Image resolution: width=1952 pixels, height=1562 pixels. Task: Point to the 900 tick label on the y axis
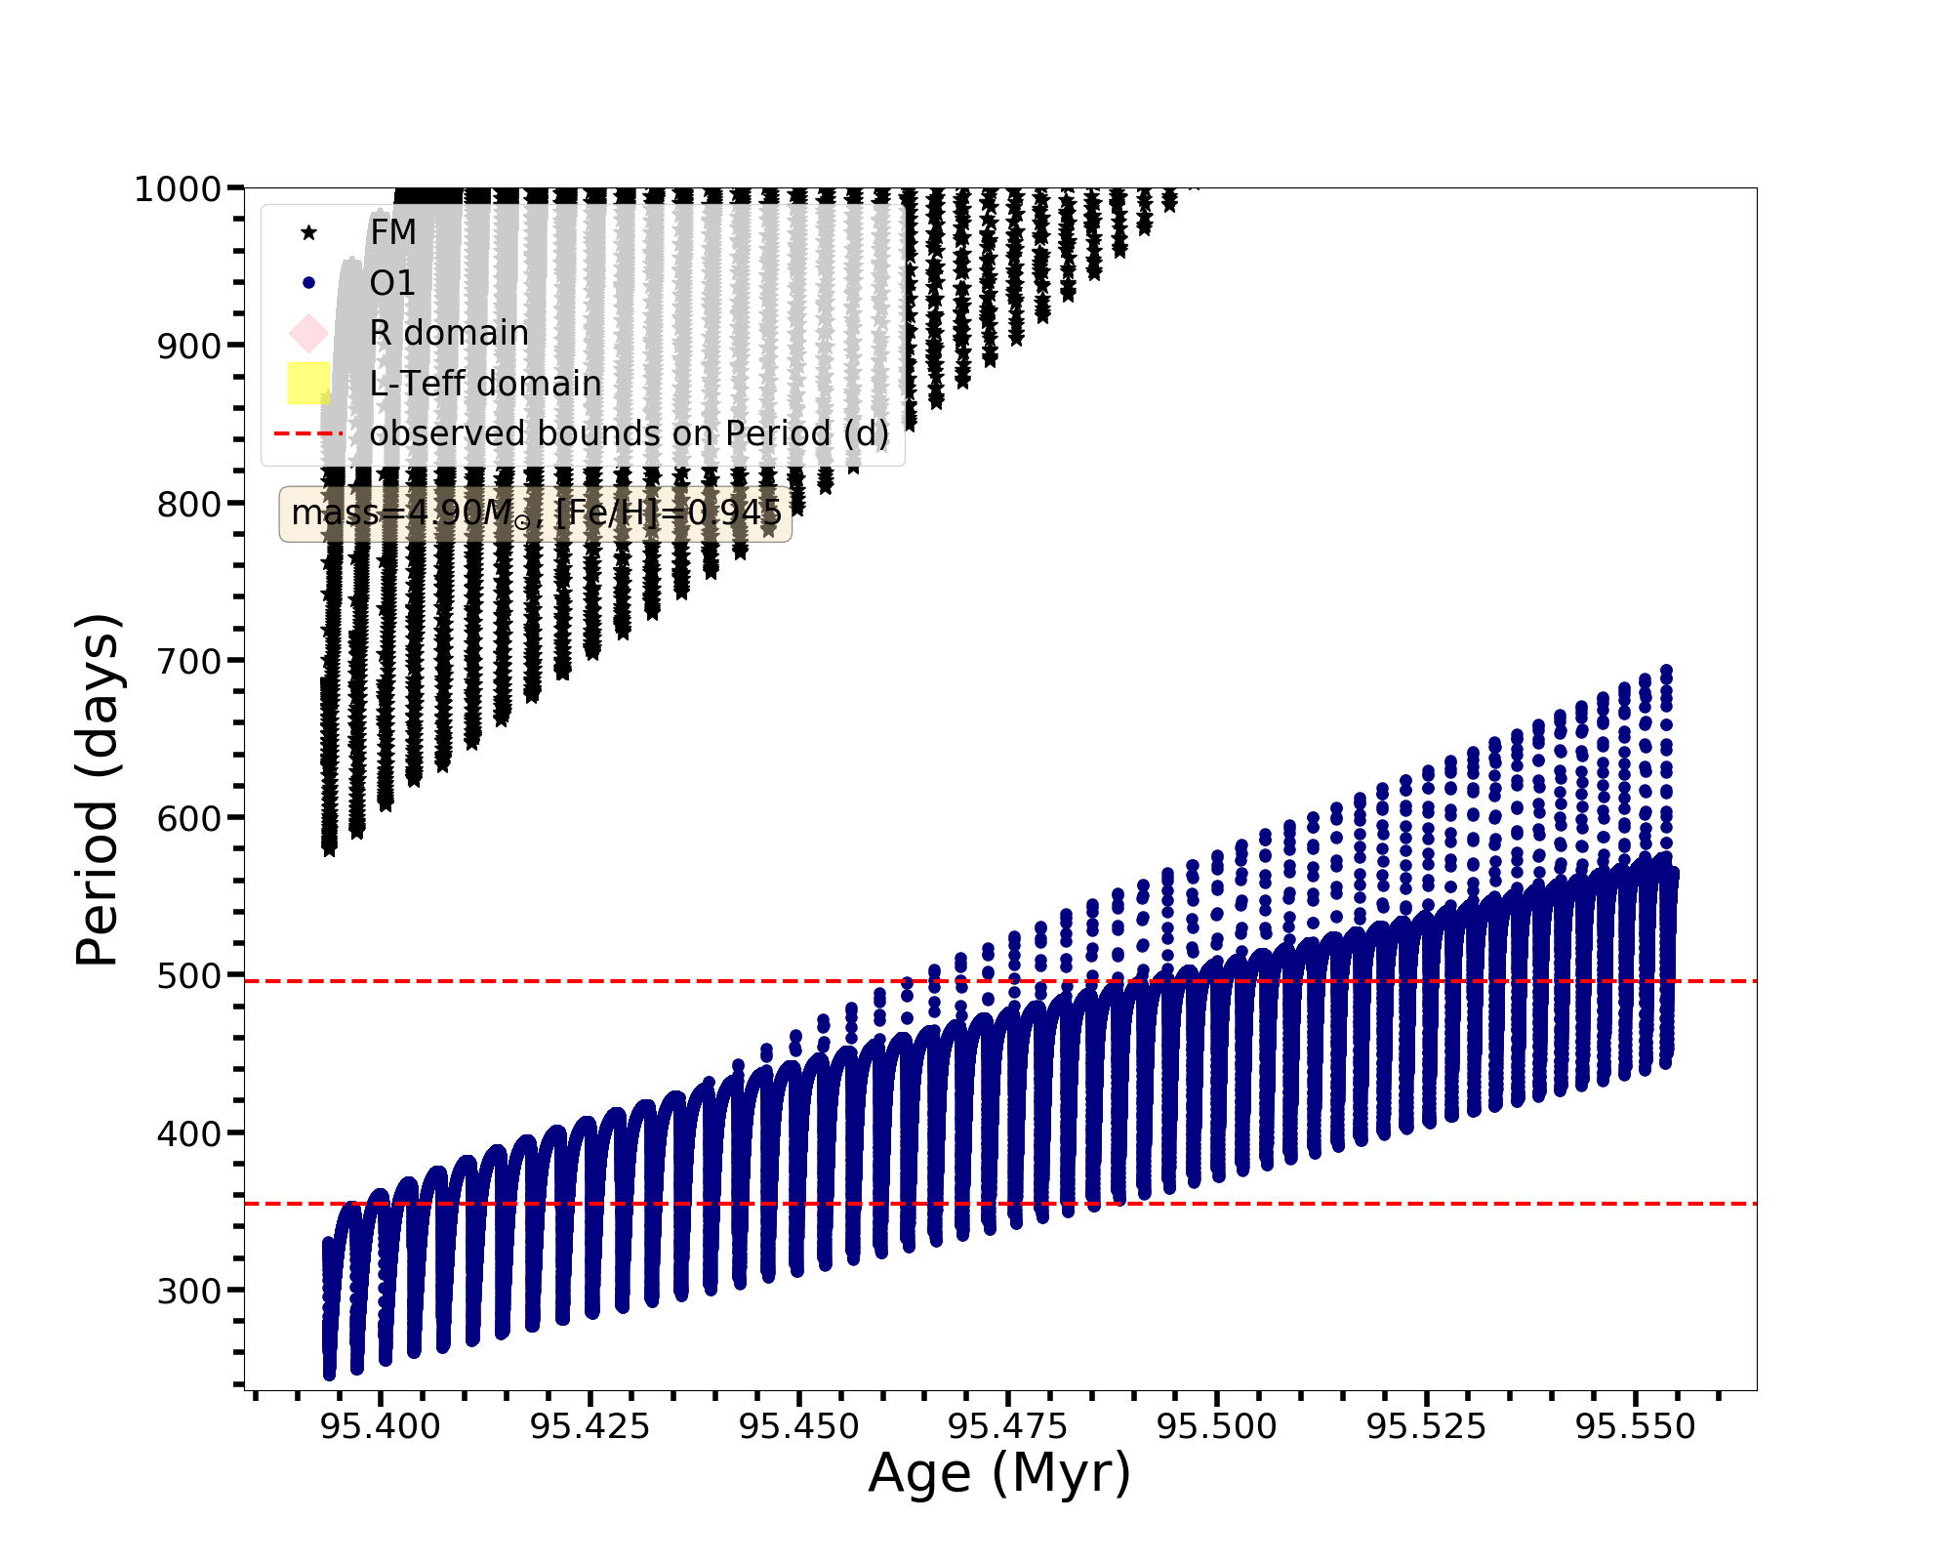(x=188, y=346)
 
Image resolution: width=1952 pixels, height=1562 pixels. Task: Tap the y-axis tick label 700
(x=188, y=661)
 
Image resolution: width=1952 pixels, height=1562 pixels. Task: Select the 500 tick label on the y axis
(x=188, y=975)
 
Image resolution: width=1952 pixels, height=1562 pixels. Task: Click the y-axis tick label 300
(x=188, y=1291)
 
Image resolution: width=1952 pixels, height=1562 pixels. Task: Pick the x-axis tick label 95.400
(x=381, y=1427)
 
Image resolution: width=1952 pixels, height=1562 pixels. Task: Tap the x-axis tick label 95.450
(x=799, y=1427)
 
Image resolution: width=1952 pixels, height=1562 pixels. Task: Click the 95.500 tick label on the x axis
(x=1217, y=1427)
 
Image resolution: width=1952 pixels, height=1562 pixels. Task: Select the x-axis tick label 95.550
(x=1636, y=1427)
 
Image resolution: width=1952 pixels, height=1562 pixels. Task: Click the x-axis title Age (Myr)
(x=999, y=1473)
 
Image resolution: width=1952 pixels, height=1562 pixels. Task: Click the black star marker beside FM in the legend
(x=308, y=232)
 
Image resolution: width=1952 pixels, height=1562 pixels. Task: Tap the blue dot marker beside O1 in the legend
(x=308, y=283)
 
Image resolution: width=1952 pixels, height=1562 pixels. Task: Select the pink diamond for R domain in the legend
(x=308, y=333)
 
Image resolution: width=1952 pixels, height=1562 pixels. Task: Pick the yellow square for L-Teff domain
(x=308, y=383)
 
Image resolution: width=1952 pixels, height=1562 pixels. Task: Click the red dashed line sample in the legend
(x=308, y=433)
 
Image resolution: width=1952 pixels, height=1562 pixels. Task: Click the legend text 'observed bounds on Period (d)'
(x=630, y=433)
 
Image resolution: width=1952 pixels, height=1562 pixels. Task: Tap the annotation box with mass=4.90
(x=535, y=514)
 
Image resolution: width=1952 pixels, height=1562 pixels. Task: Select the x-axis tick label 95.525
(x=1426, y=1427)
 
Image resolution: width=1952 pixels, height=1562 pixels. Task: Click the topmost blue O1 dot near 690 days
(x=1666, y=672)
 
